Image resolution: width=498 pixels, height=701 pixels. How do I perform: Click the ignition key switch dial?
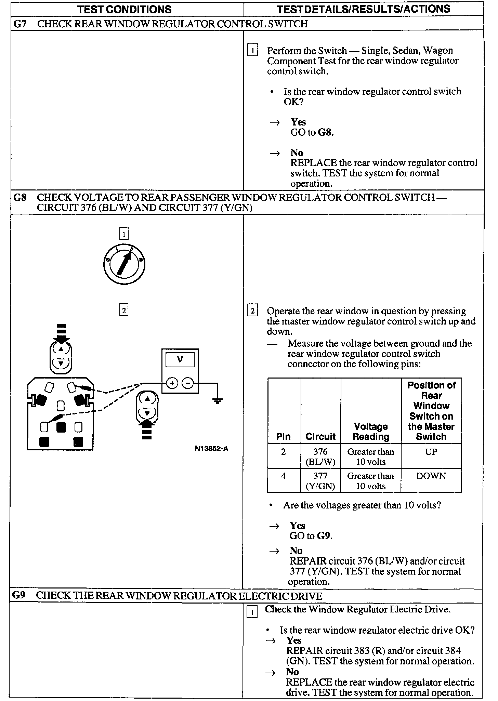pos(124,264)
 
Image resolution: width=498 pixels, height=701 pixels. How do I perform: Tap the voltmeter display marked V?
pos(180,360)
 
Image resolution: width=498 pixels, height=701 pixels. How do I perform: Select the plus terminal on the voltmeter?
pos(172,383)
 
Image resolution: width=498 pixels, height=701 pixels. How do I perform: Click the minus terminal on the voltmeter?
pos(188,383)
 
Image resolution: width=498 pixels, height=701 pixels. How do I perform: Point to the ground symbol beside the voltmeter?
pos(217,400)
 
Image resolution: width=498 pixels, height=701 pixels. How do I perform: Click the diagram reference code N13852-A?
pos(211,449)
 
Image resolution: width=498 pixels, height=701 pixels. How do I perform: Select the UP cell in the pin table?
pos(431,452)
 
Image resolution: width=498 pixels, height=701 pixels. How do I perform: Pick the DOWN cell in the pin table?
pos(431,476)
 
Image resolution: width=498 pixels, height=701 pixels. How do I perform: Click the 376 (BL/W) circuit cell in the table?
pos(320,457)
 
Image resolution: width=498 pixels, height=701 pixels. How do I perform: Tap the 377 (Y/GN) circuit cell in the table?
pos(320,481)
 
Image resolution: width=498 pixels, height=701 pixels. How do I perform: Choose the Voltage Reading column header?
pos(371,432)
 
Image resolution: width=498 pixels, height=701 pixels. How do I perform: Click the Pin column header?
pos(284,437)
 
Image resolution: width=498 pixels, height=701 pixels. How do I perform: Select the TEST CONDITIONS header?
pos(124,9)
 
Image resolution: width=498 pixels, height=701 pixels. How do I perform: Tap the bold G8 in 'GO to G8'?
pos(325,132)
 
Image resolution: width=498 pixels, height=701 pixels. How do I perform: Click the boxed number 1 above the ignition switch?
pos(123,234)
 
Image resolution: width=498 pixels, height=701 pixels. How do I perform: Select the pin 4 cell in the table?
pos(284,476)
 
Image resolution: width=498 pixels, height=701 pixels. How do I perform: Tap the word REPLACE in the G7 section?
pos(313,163)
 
